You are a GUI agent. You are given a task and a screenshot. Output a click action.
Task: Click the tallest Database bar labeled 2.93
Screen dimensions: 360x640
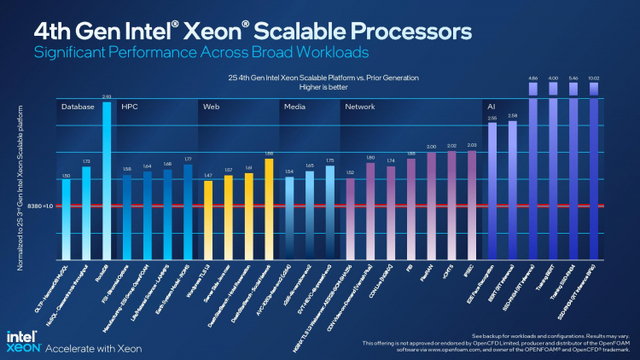(x=107, y=179)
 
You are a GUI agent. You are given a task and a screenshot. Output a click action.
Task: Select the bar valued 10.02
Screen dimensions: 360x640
(x=594, y=171)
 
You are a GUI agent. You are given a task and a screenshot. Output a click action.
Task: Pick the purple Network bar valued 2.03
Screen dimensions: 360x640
(x=472, y=205)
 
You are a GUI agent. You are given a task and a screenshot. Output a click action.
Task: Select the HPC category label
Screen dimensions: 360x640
(x=130, y=107)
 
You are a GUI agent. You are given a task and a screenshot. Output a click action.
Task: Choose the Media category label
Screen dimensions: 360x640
(x=294, y=107)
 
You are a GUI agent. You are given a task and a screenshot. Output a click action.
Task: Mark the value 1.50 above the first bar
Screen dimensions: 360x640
(x=66, y=176)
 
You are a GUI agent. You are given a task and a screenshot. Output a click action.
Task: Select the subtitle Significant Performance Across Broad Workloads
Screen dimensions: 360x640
(x=202, y=53)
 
